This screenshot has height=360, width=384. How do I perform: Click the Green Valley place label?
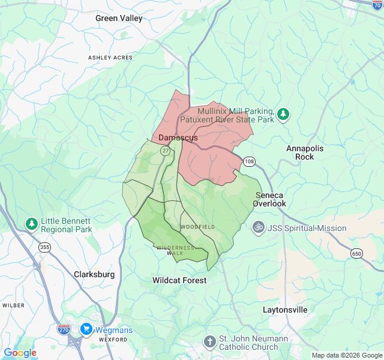tap(119, 18)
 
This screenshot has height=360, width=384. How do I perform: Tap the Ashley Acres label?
tap(110, 58)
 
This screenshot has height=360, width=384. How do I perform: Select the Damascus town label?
tap(178, 138)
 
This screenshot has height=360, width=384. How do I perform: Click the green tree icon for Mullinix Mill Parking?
tap(283, 114)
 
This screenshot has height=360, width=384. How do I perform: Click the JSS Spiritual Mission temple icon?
tap(259, 228)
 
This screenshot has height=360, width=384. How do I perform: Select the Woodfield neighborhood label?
tap(197, 227)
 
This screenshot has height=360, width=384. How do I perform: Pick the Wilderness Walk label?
tap(175, 250)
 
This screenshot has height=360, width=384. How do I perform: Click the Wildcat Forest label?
tap(179, 280)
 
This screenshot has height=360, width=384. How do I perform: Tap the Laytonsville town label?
tap(285, 310)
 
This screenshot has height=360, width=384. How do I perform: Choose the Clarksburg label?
tap(94, 274)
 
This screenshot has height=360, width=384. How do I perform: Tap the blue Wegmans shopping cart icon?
tap(86, 329)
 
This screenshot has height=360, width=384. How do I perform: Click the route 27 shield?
tap(165, 151)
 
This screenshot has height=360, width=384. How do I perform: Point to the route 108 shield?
tap(250, 161)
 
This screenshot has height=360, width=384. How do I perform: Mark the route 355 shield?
tap(44, 247)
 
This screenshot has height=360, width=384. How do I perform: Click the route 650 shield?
tap(357, 254)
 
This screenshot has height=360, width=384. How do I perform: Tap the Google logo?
tap(20, 353)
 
